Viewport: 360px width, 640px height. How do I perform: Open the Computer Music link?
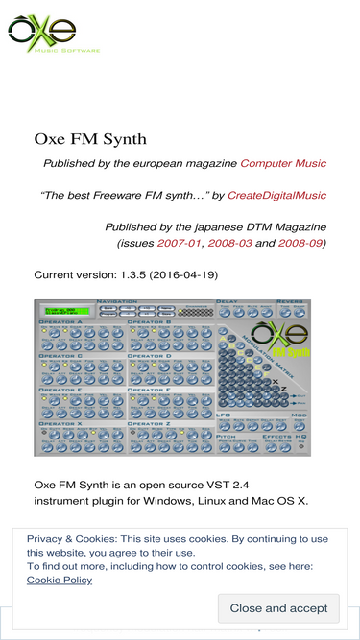click(x=283, y=164)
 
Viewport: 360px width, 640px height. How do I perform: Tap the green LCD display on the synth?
click(x=66, y=311)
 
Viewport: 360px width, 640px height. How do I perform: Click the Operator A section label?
click(x=60, y=321)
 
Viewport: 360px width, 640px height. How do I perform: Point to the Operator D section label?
click(x=149, y=355)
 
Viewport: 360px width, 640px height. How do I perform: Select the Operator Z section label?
click(x=149, y=423)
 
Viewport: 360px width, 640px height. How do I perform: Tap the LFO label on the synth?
click(x=224, y=415)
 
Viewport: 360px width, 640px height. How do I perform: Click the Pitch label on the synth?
click(x=227, y=435)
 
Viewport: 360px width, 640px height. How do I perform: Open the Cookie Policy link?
click(x=60, y=580)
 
